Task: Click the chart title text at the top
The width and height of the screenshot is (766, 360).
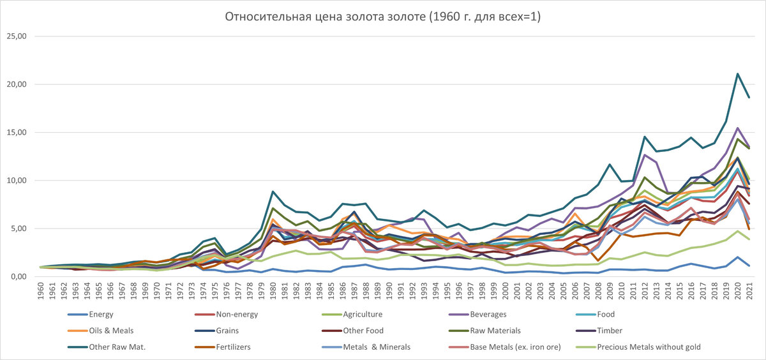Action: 382,17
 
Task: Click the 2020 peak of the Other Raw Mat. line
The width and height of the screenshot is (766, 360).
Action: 738,74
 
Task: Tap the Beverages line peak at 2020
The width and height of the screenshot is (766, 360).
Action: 738,128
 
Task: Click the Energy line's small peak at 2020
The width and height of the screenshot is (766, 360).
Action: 738,257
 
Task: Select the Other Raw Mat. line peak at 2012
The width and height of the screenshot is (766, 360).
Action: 645,137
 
